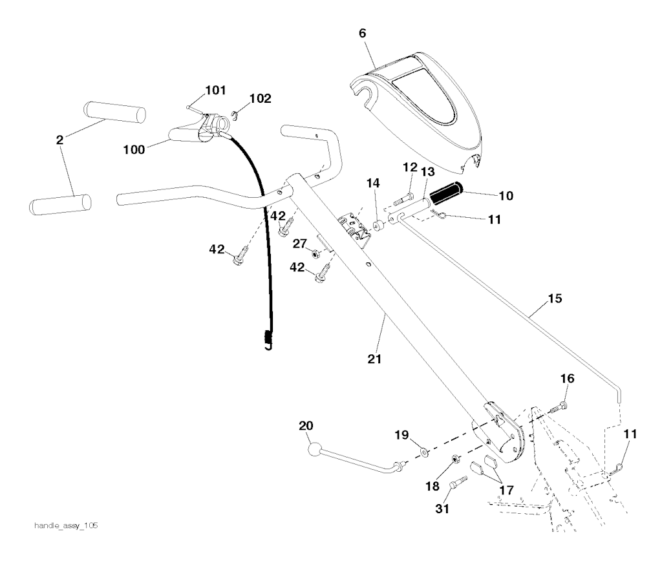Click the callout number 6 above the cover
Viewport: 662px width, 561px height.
[x=363, y=34]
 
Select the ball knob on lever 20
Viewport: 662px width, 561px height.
[x=315, y=449]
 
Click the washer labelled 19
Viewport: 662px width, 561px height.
[x=423, y=453]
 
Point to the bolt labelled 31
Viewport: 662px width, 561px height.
[x=457, y=483]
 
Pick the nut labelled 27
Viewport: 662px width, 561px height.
[x=315, y=254]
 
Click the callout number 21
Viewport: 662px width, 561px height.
[x=374, y=359]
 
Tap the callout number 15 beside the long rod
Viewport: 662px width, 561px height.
[x=555, y=299]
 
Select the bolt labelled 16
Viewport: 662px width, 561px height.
[x=558, y=407]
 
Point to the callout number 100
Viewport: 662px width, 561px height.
[x=134, y=149]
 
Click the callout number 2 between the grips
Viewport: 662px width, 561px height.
[x=59, y=140]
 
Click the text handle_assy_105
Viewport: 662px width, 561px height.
[x=66, y=525]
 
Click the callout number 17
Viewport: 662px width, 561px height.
[x=506, y=490]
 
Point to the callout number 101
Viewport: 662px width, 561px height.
[x=215, y=90]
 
